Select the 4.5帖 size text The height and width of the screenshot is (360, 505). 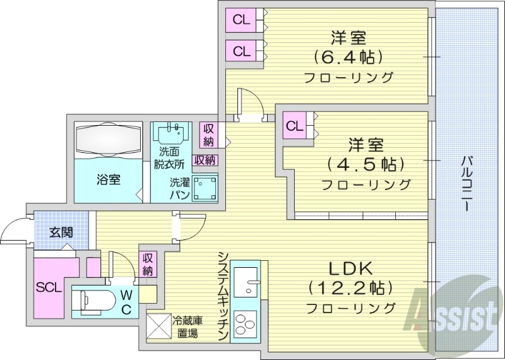(x=365, y=165)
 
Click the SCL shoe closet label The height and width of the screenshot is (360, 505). (x=48, y=287)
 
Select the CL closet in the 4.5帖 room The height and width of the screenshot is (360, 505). (x=295, y=125)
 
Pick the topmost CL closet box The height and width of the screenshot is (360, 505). (x=241, y=20)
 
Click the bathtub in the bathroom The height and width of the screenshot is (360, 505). (x=107, y=139)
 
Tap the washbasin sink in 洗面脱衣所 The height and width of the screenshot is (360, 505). (x=174, y=134)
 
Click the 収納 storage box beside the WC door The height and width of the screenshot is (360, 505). (x=147, y=263)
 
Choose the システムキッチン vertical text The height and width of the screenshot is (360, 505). (x=223, y=296)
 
